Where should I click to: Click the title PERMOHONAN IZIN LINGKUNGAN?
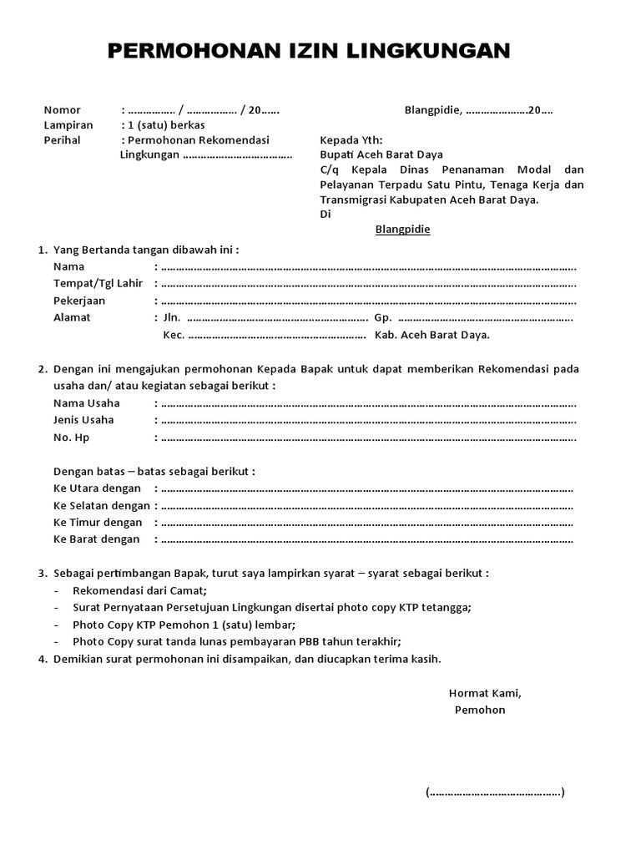309,52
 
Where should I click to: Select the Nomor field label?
62,110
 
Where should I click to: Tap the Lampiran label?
68,125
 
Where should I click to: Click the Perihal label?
62,140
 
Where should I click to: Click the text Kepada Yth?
351,140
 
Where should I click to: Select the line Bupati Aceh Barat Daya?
381,155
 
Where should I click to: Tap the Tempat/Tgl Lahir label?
98,284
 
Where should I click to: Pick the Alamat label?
72,317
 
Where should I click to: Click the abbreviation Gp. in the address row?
382,317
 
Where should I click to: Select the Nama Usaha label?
87,403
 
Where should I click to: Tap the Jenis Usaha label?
84,420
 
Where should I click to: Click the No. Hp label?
71,438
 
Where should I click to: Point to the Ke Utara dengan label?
97,488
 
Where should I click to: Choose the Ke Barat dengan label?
96,539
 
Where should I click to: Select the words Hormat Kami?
485,693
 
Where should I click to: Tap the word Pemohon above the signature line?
480,711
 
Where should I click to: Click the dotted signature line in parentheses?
495,792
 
